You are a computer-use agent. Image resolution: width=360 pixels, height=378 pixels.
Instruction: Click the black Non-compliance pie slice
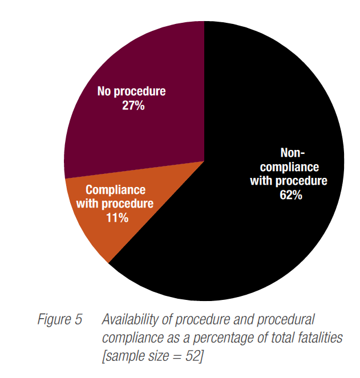pyautogui.click(x=240, y=239)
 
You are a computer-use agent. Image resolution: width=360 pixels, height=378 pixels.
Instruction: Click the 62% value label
pyautogui.click(x=289, y=194)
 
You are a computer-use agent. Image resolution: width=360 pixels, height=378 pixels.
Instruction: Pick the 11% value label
pyautogui.click(x=117, y=217)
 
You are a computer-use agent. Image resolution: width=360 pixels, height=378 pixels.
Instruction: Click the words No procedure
pyautogui.click(x=132, y=91)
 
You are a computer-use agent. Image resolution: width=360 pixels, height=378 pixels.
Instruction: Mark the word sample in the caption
pyautogui.click(x=122, y=356)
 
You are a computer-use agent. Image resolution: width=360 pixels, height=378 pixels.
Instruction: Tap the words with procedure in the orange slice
pyautogui.click(x=119, y=204)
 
